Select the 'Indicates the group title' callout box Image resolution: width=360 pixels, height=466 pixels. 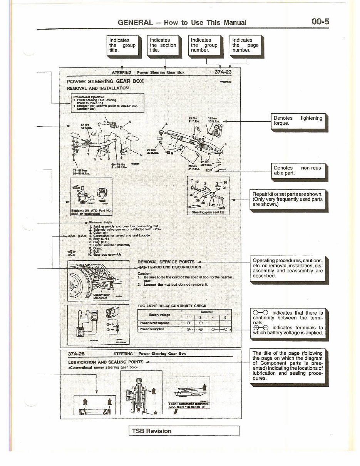click(x=122, y=45)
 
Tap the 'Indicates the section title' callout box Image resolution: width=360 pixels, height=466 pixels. click(x=163, y=45)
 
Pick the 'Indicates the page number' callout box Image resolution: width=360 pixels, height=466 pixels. click(x=246, y=45)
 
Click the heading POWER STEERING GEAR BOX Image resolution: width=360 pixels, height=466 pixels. click(x=105, y=81)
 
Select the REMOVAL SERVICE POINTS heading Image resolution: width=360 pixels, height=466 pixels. click(x=166, y=261)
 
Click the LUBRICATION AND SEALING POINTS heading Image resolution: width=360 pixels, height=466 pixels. click(x=105, y=362)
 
